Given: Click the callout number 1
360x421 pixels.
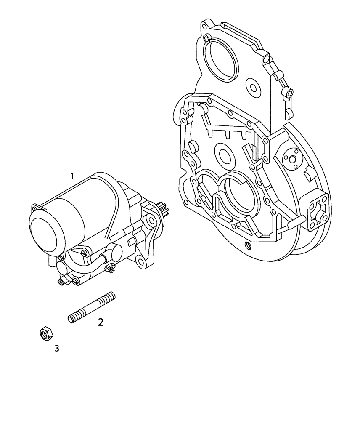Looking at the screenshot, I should click(72, 176).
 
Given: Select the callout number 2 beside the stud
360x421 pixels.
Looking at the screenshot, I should click(101, 322).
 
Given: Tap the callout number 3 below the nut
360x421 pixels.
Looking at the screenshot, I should click(57, 348).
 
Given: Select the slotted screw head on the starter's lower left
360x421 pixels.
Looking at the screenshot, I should click(61, 282).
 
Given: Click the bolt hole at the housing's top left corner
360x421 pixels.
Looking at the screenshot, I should click(204, 26).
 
